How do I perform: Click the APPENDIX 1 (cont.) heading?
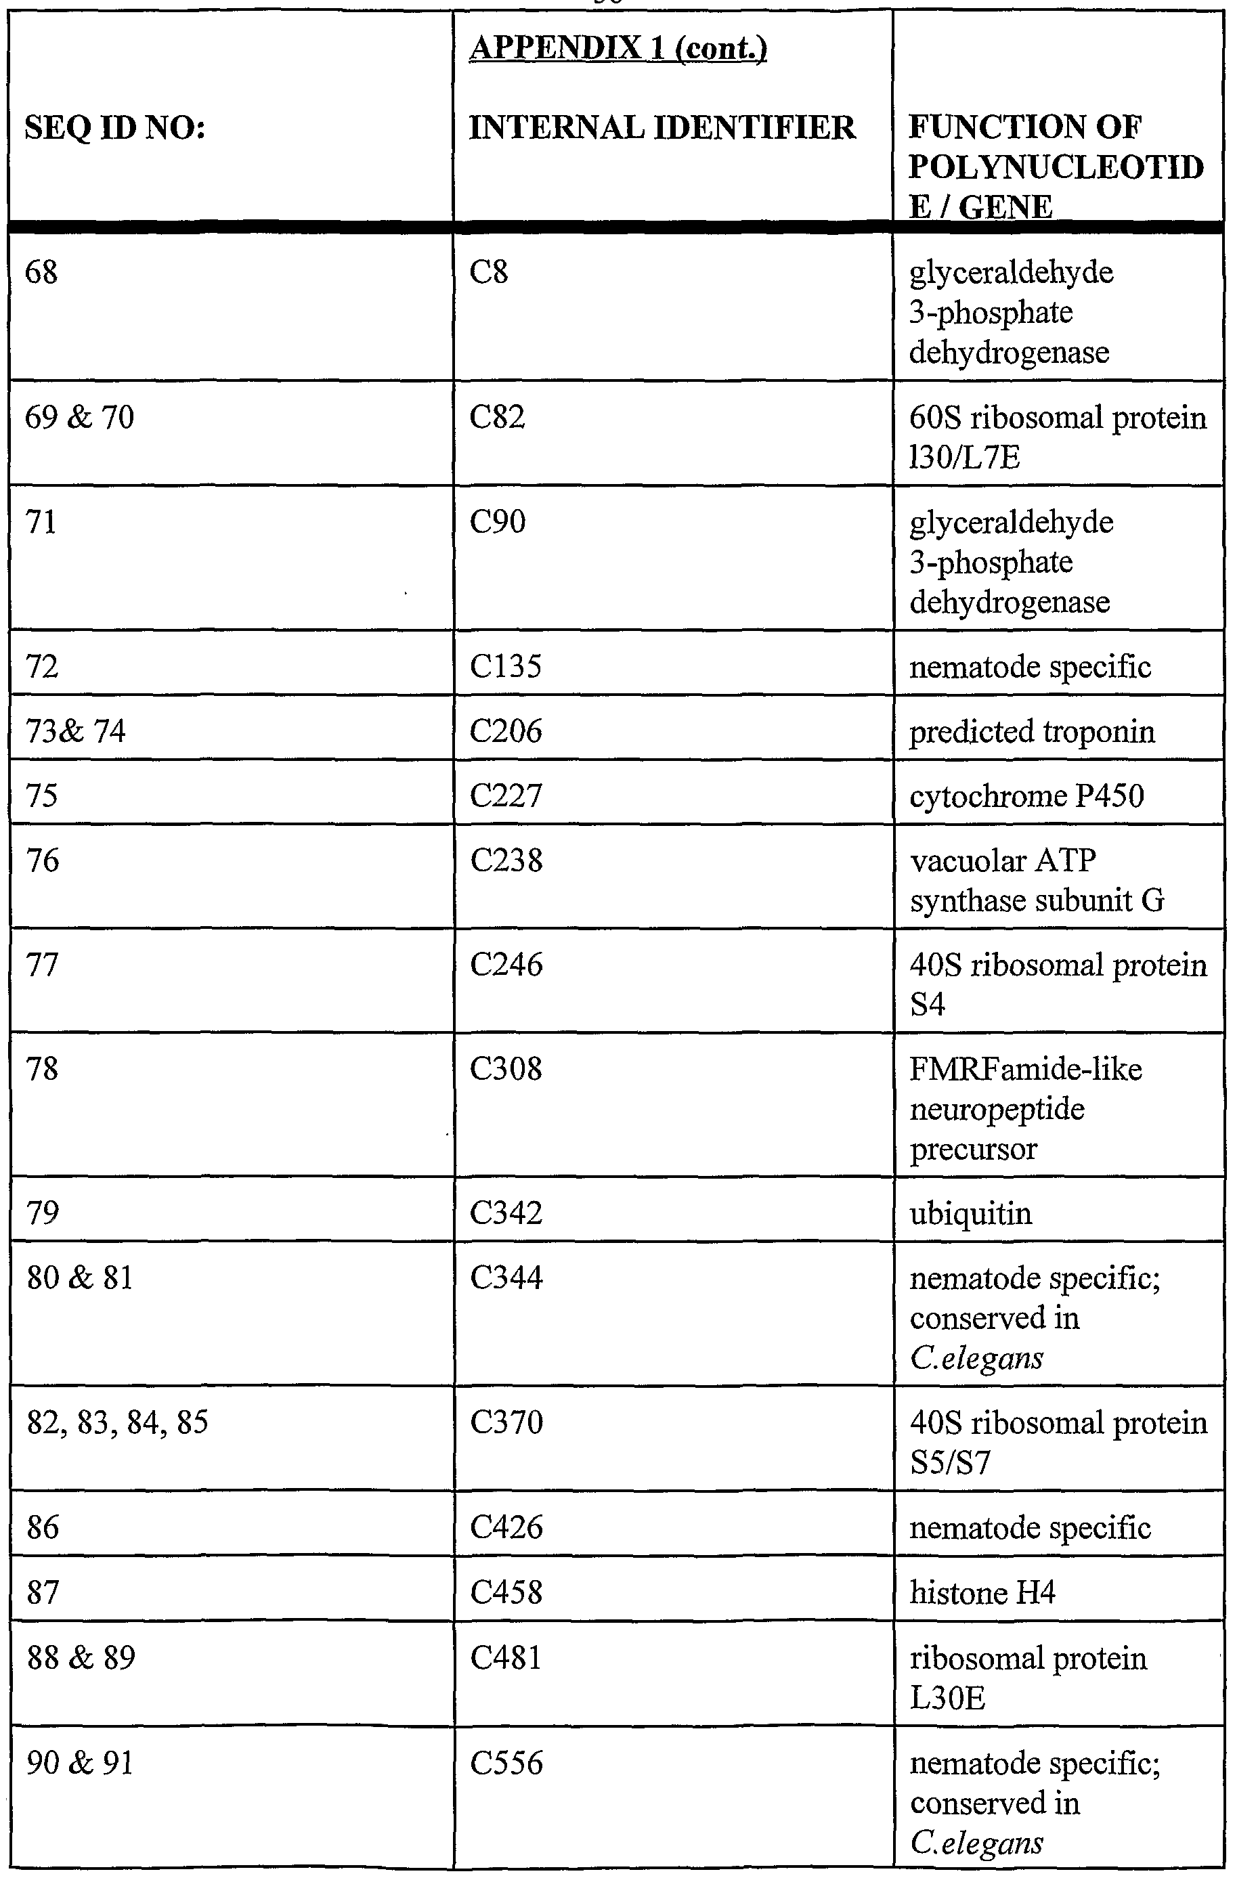tap(618, 48)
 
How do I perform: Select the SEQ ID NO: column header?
tap(115, 127)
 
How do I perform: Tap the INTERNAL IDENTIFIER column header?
tap(662, 127)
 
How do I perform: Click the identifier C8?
tap(488, 271)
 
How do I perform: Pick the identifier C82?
tap(497, 416)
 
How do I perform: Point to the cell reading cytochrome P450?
tap(1026, 795)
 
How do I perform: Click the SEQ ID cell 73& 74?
tap(76, 730)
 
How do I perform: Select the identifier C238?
tap(506, 860)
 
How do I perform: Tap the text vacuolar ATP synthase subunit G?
tap(1036, 880)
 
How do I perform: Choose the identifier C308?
tap(506, 1068)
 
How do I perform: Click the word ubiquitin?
tap(971, 1212)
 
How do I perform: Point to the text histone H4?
tap(982, 1592)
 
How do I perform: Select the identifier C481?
tap(506, 1657)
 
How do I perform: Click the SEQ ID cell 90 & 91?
tap(80, 1762)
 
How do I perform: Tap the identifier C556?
tap(506, 1762)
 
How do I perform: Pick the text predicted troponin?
tap(1031, 731)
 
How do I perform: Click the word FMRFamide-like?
tap(1026, 1069)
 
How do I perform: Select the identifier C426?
tap(506, 1527)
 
